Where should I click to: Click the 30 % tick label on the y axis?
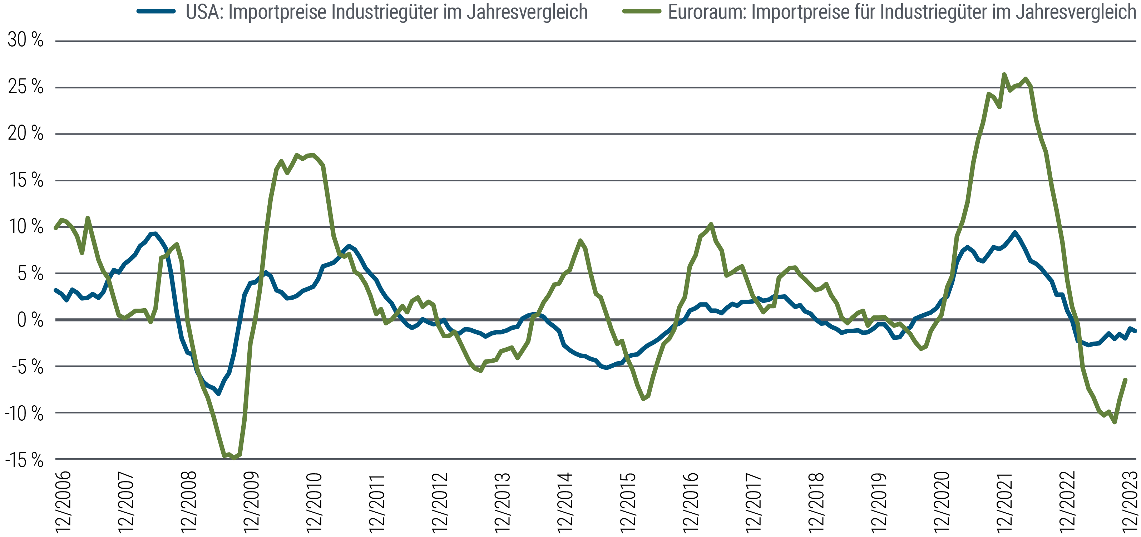coord(25,40)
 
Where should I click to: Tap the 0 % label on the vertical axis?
coord(30,320)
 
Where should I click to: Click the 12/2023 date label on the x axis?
coord(1130,502)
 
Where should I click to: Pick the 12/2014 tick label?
coord(565,502)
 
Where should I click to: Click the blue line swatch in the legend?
coord(156,11)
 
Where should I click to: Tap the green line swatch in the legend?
coord(642,11)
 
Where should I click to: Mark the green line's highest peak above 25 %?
coord(1004,74)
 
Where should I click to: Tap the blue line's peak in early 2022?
coord(1015,232)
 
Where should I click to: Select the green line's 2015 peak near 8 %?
coord(580,240)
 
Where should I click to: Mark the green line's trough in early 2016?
coord(643,399)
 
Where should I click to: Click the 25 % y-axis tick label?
coord(25,87)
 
